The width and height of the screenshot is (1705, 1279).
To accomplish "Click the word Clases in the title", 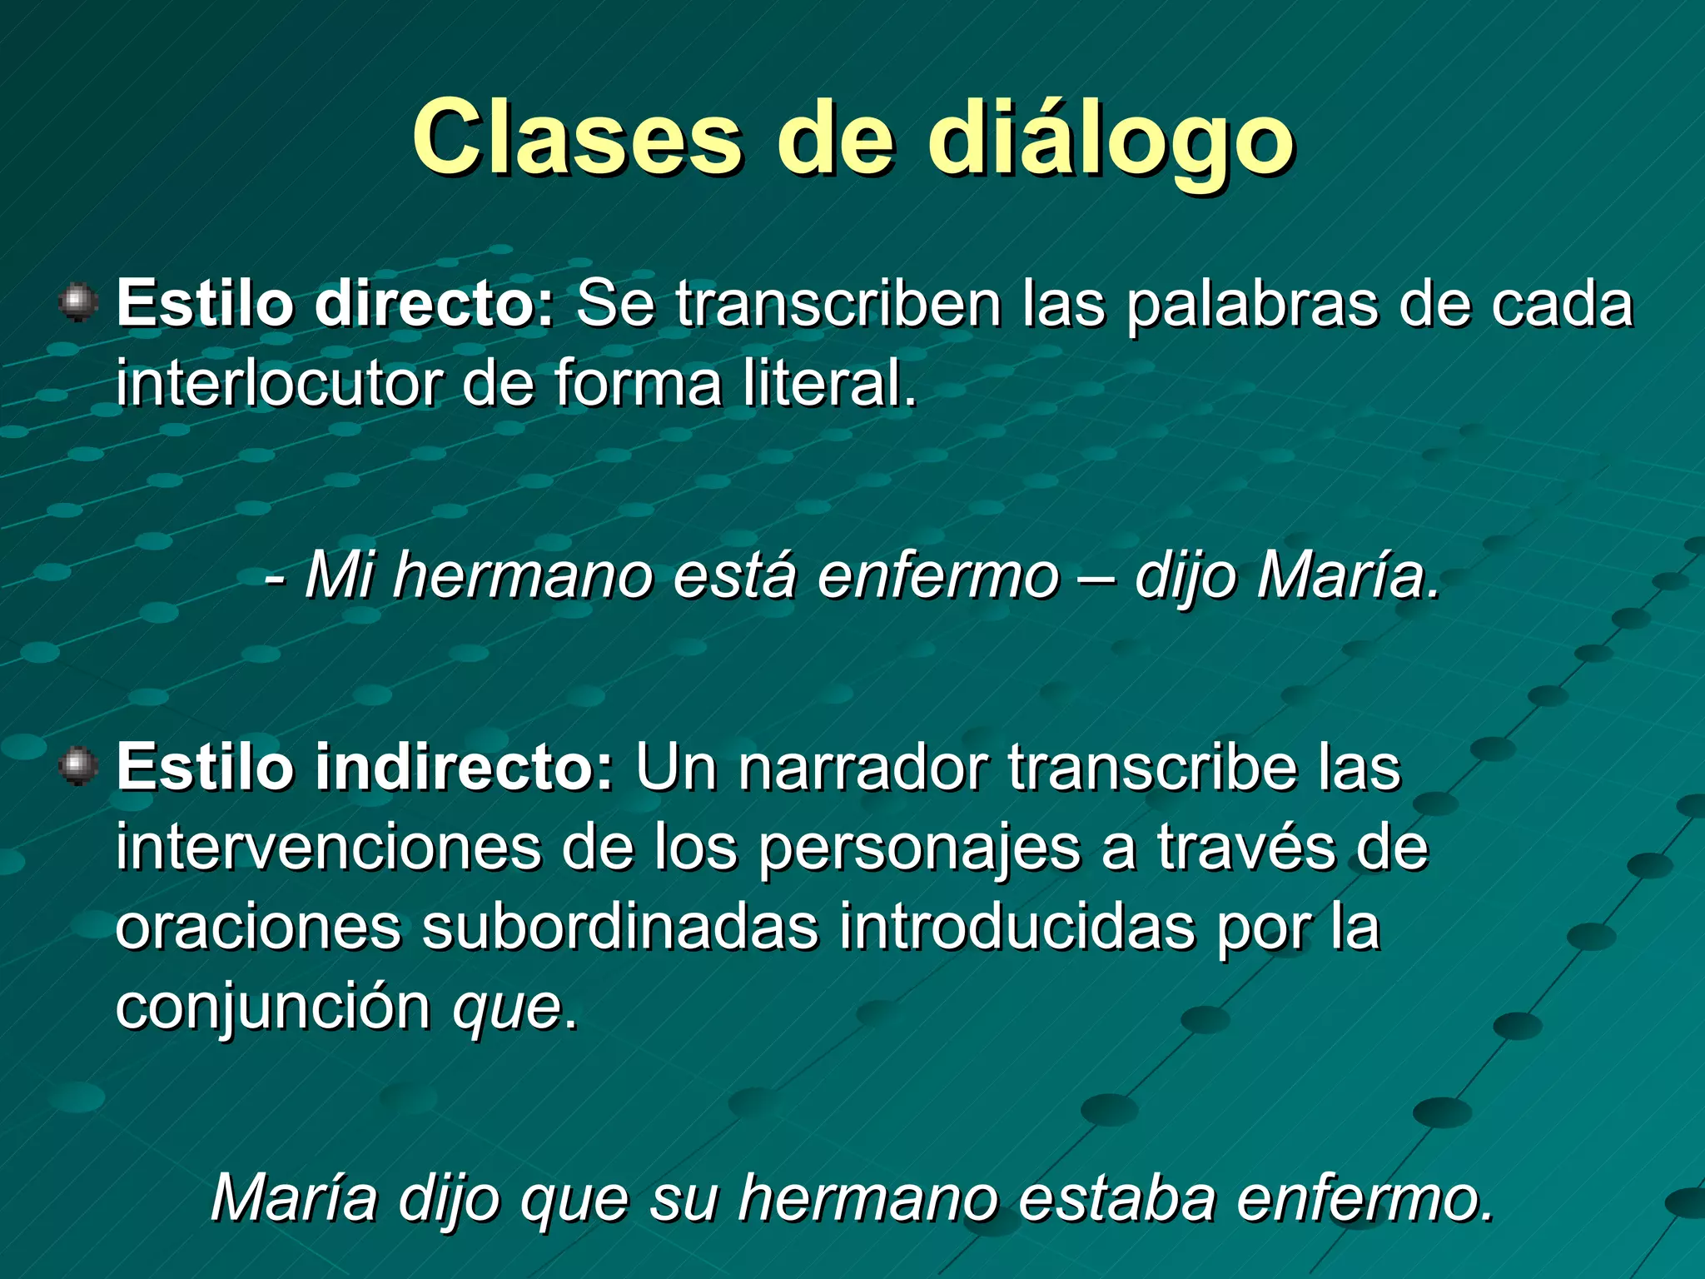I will [576, 137].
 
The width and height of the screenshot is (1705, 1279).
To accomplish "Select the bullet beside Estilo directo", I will [79, 302].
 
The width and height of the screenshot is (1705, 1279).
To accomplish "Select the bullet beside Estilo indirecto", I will [79, 765].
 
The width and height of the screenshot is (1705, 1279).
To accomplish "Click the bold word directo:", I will [434, 304].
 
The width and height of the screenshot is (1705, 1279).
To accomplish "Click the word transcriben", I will [838, 304].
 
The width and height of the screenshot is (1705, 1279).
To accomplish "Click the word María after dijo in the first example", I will [1347, 575].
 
